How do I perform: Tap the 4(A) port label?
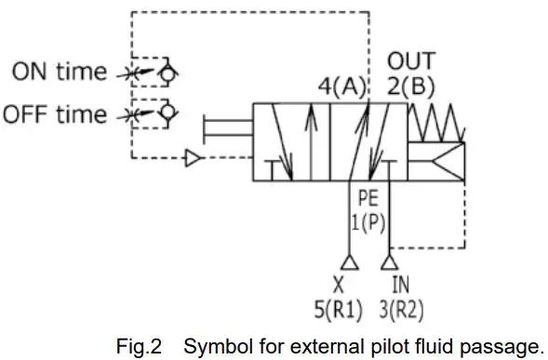(342, 90)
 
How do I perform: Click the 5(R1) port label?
(336, 304)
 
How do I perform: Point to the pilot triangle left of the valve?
(192, 159)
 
